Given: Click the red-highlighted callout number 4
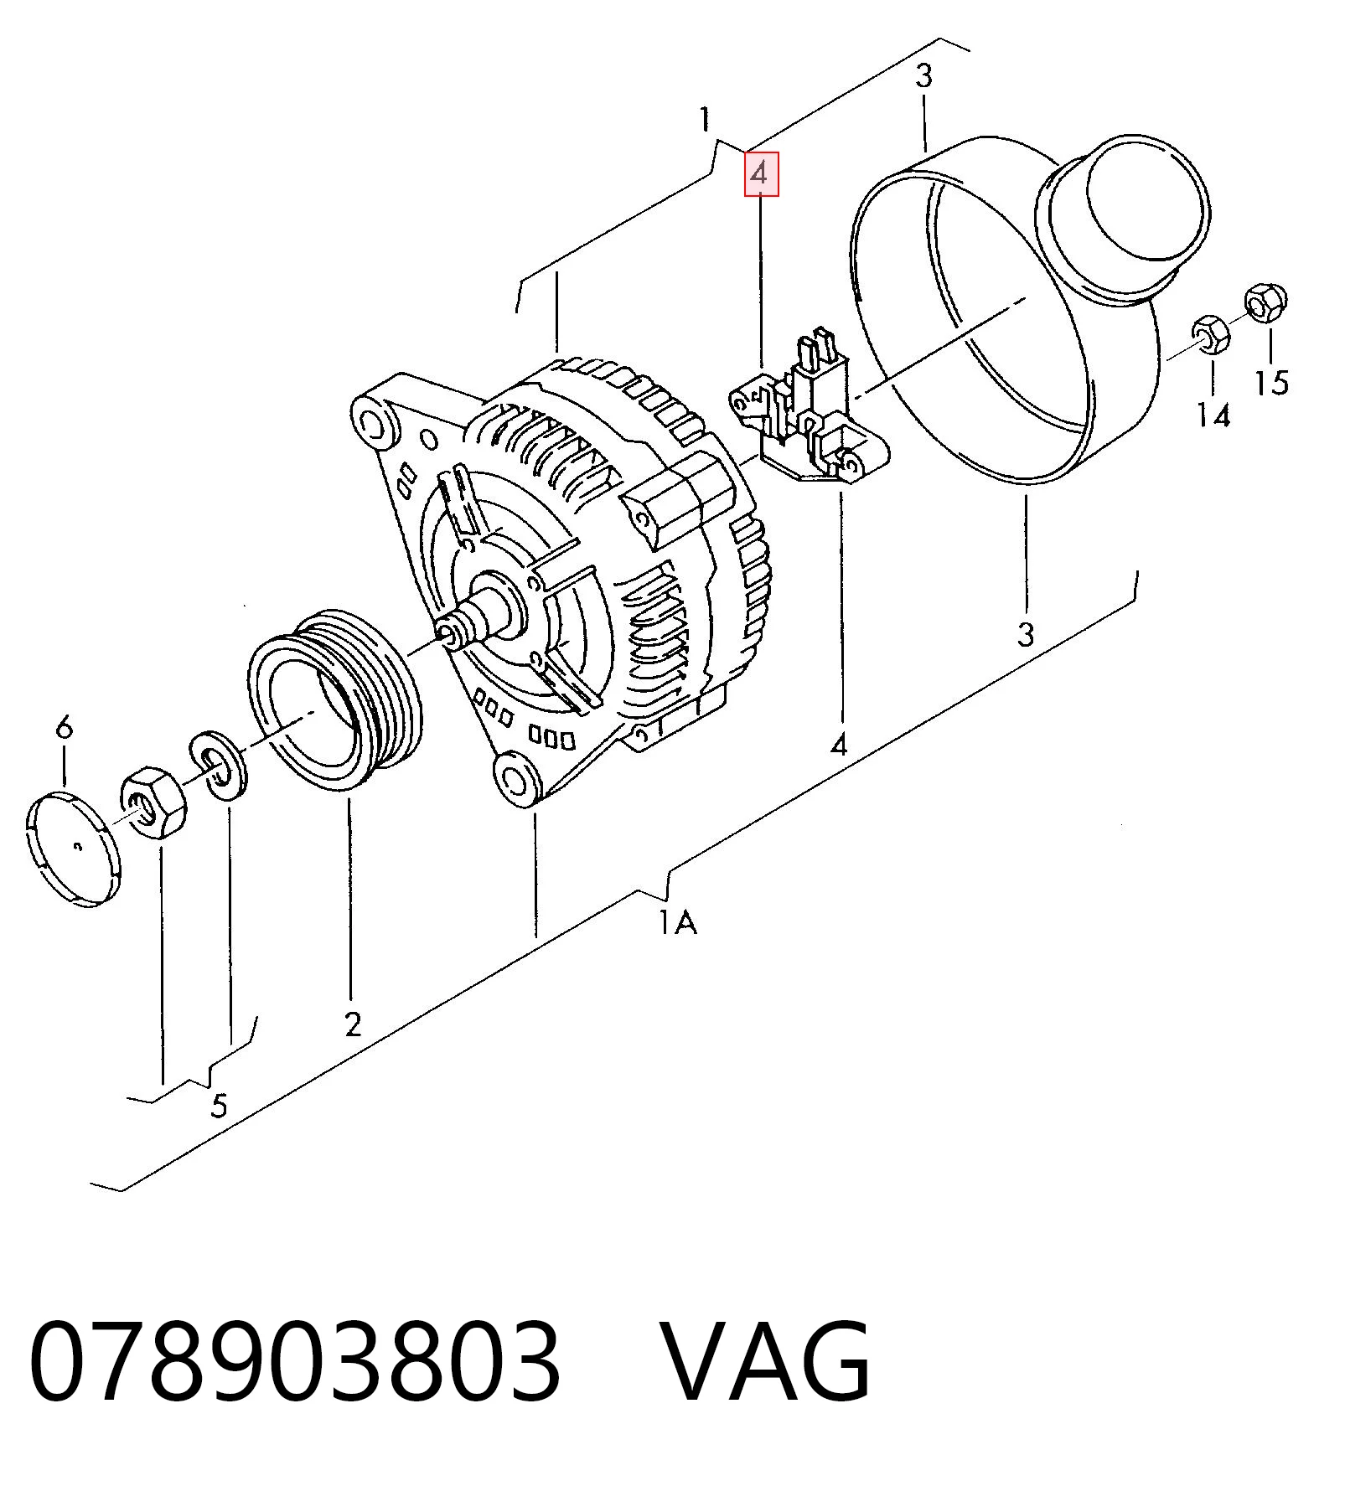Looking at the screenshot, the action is tap(762, 174).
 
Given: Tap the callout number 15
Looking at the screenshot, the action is tap(1271, 382).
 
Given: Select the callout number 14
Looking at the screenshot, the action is tap(1213, 415).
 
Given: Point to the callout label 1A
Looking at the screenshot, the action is tap(677, 922).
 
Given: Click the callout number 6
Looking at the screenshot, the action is tap(65, 726).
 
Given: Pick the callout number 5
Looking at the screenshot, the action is tap(219, 1106).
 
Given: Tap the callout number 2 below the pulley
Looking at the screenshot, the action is tap(353, 1023).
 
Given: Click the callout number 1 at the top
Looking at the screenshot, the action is tap(706, 119).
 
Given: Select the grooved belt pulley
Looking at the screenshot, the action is tap(335, 700).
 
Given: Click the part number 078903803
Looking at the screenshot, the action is tap(293, 1362).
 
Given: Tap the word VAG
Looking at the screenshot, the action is tap(767, 1362).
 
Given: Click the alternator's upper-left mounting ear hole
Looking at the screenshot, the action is tap(375, 422).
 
